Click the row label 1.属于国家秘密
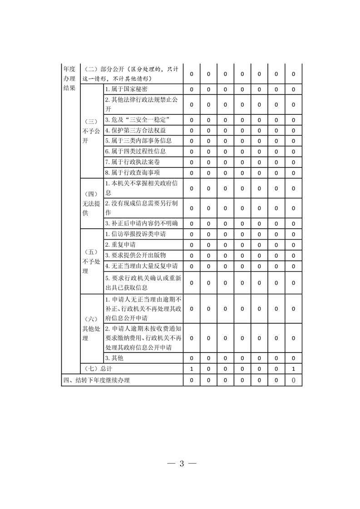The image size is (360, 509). tap(126, 89)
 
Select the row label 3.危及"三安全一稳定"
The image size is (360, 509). tap(137, 120)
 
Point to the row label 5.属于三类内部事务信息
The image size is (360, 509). tap(138, 141)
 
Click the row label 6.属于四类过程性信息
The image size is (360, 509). tap(135, 151)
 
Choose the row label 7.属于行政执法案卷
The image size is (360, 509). tap(132, 162)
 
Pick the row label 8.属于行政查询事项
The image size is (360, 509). tap(132, 172)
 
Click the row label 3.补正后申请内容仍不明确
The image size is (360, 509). tap(141, 223)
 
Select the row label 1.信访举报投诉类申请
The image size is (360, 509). tap(135, 235)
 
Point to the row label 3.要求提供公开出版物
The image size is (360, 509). tap(135, 255)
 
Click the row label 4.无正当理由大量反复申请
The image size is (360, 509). tap(141, 265)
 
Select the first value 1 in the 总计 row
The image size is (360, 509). tap(192, 369)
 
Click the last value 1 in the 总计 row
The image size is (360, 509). tap(293, 369)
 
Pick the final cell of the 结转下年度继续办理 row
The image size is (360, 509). tap(293, 380)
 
